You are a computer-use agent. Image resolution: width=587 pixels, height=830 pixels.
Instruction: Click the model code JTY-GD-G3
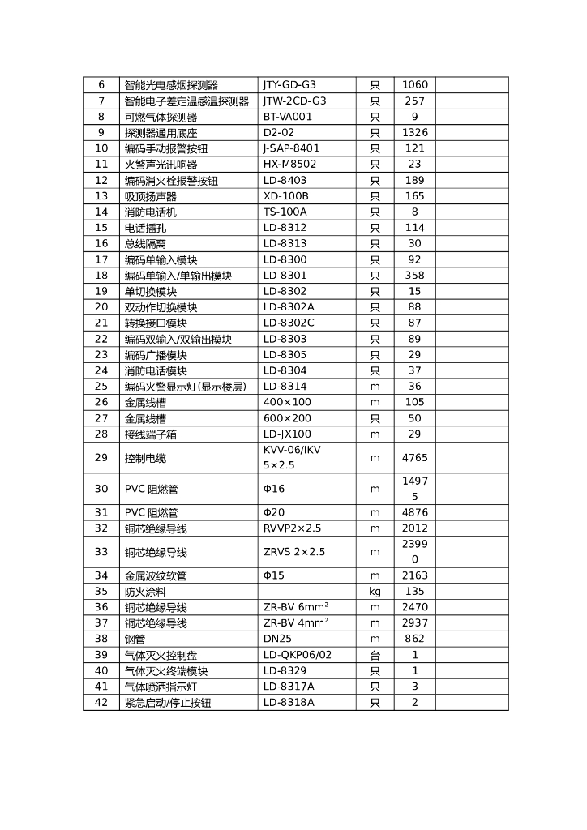(289, 84)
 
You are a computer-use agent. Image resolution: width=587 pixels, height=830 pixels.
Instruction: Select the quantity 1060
(414, 84)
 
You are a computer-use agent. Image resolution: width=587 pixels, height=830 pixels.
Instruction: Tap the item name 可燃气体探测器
(161, 117)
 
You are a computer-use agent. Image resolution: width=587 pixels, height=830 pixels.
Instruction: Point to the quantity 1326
(414, 132)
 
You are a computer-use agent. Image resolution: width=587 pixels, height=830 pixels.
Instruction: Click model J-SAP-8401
(291, 148)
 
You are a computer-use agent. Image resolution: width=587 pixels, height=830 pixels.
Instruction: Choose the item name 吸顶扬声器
(150, 196)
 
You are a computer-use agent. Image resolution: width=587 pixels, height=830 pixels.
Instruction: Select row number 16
(101, 243)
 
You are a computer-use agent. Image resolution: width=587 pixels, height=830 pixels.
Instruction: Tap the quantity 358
(414, 275)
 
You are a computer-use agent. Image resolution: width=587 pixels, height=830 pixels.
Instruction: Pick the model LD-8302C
(289, 323)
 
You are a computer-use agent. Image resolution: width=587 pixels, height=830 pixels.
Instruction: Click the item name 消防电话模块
(156, 370)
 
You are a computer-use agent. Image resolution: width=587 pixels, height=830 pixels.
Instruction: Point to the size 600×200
(287, 418)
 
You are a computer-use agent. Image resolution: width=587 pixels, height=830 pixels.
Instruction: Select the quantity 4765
(414, 457)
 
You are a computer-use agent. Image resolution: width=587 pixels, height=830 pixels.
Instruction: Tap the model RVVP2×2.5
(293, 528)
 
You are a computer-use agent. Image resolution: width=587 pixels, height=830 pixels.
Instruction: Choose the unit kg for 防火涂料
(375, 592)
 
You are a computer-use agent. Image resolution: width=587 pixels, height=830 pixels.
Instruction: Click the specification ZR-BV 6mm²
(296, 607)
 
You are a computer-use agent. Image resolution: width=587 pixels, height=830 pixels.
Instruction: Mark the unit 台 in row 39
(375, 655)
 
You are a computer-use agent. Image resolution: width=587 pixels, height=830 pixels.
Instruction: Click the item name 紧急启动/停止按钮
(168, 703)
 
